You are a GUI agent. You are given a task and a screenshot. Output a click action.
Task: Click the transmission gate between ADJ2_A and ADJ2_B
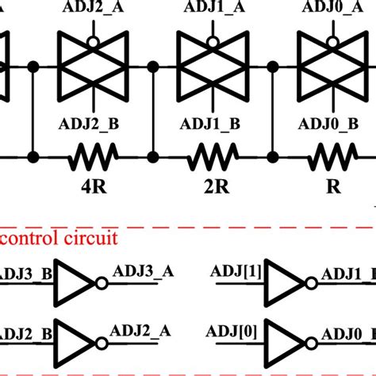tap(94, 69)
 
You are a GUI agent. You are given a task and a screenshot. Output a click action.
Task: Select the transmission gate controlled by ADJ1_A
tap(213, 69)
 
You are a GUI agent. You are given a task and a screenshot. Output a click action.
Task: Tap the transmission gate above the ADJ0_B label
tap(333, 69)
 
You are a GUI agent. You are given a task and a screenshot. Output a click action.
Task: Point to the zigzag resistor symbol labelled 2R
tap(212, 158)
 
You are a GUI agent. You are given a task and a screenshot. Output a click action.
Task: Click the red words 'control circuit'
tap(59, 236)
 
